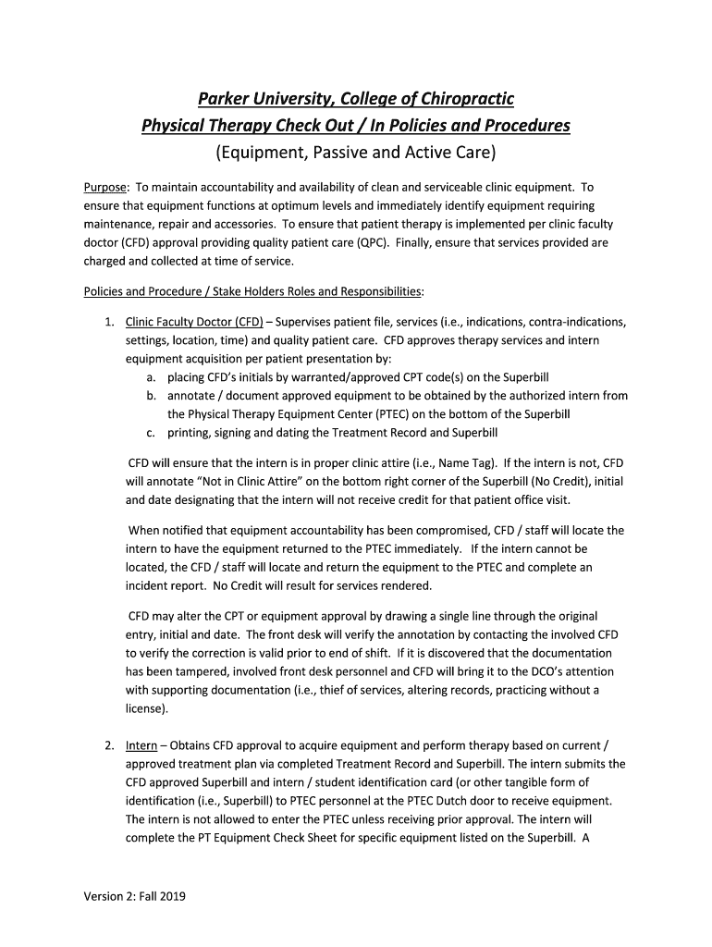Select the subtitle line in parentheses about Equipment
(356, 152)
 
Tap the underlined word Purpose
(105, 187)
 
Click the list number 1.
(108, 322)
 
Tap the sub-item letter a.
(150, 377)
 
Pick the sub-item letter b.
(150, 396)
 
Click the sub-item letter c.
(150, 432)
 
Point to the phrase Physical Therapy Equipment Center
(277, 413)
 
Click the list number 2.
(108, 744)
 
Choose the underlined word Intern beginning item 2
(141, 744)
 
